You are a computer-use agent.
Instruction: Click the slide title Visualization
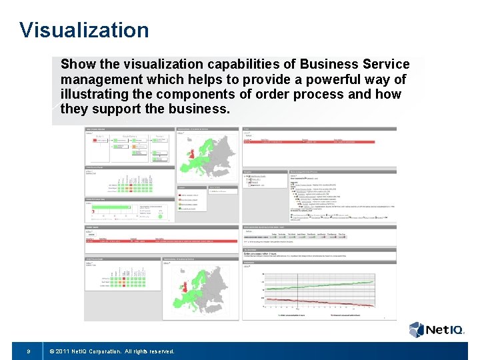[x=85, y=30]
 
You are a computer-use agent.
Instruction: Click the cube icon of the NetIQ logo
[x=417, y=329]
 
